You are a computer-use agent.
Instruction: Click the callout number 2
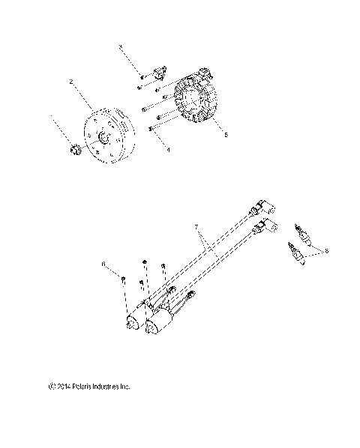71,82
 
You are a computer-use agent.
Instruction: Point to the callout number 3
120,47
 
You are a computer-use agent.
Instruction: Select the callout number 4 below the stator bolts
168,151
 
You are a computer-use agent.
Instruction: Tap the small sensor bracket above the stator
158,73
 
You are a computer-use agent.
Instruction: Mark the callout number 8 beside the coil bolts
103,264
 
